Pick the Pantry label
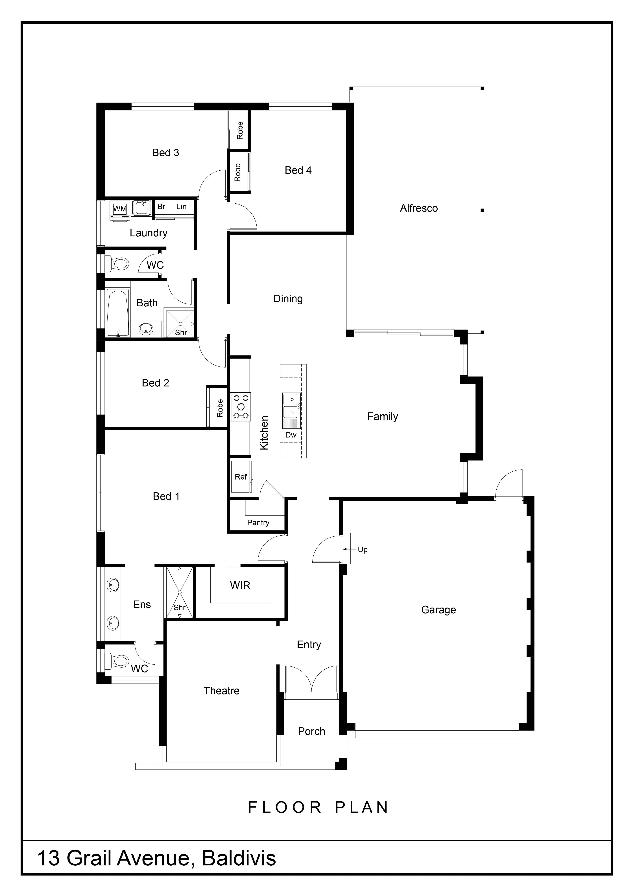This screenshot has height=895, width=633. tap(258, 523)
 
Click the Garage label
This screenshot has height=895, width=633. tap(438, 610)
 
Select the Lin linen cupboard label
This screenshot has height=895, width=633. tap(181, 207)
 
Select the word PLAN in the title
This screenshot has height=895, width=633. tap(362, 808)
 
